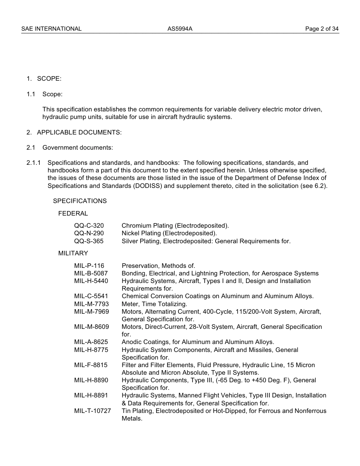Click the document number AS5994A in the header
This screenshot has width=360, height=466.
coord(180,29)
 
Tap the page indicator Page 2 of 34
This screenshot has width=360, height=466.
coord(322,29)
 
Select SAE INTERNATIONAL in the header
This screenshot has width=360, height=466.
coord(52,29)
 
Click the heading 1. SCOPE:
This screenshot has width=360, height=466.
coord(44,79)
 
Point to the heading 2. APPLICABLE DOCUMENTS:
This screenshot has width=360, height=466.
coord(74,133)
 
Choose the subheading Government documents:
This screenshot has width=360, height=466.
coord(78,148)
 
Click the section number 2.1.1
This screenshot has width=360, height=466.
coord(34,163)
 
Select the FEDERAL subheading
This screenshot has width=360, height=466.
coord(73,214)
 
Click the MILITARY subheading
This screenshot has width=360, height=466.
coord(73,253)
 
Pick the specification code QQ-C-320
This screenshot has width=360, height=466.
coord(89,226)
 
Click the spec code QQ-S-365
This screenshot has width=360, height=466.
coord(89,241)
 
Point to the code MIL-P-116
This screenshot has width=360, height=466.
coord(89,266)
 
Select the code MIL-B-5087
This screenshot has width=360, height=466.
coord(91,274)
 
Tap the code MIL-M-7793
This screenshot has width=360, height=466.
coord(91,304)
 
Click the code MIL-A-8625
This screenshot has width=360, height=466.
coord(91,342)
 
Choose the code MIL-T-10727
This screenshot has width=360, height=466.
coord(92,411)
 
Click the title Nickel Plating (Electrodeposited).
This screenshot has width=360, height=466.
coord(169,233)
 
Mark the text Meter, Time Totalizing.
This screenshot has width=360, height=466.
coord(154,304)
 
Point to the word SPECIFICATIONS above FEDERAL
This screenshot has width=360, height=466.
coord(80,201)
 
